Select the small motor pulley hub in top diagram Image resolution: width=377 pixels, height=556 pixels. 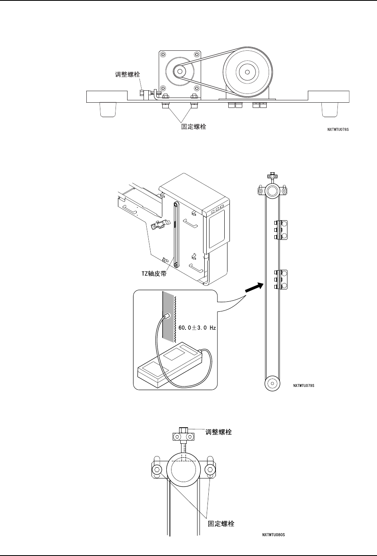click(x=179, y=72)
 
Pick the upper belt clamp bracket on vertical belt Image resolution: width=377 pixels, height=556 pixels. click(x=281, y=230)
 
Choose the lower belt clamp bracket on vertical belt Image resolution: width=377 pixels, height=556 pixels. click(x=281, y=279)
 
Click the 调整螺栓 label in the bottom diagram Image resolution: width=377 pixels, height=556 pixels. click(x=218, y=432)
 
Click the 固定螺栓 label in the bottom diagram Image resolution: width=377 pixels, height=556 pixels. click(x=221, y=524)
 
